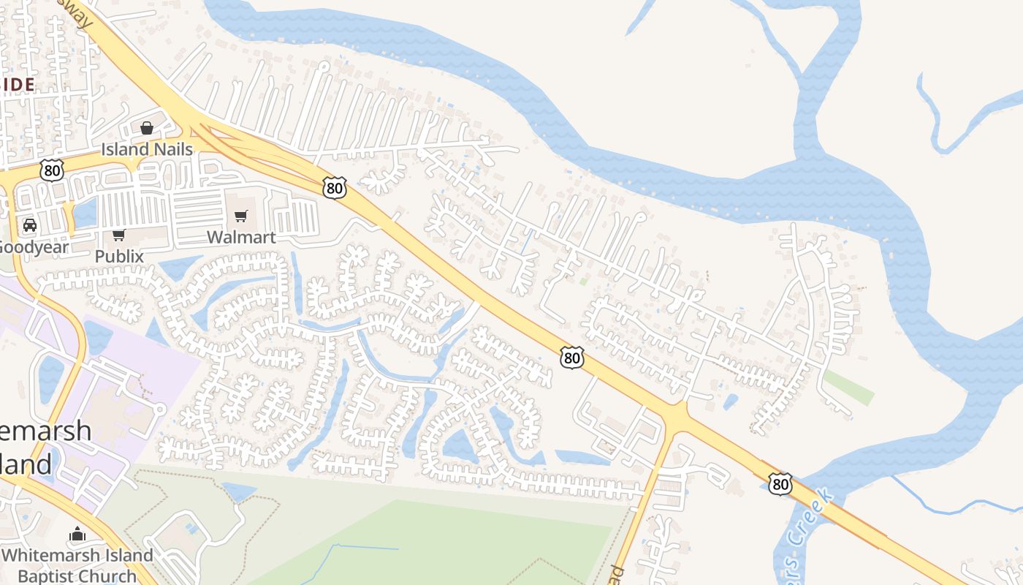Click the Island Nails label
click(147, 149)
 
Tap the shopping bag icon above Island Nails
click(147, 129)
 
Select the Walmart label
click(241, 237)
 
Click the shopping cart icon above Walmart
click(241, 216)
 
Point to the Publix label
click(119, 257)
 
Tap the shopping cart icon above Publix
click(118, 235)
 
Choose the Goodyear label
click(32, 246)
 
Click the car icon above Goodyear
click(30, 225)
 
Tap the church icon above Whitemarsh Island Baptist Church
click(77, 535)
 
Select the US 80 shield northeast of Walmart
click(334, 188)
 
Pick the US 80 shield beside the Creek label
click(780, 483)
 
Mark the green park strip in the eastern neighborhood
click(848, 386)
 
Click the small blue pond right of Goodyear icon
click(85, 213)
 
